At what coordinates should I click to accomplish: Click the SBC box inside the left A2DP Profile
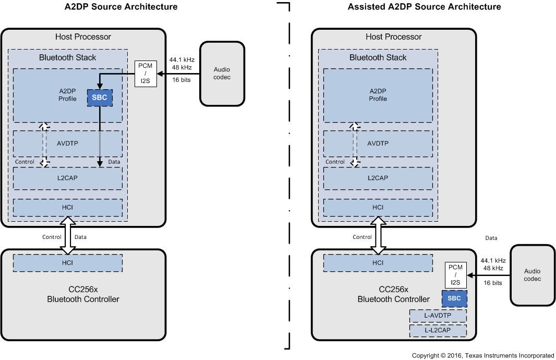[100, 98]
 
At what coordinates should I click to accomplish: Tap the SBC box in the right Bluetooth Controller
[454, 298]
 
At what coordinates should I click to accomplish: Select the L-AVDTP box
[438, 316]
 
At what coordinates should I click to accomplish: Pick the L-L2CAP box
[438, 330]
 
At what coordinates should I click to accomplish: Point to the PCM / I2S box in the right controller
[456, 275]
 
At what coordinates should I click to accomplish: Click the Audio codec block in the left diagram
[222, 74]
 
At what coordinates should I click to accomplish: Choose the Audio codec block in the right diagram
[533, 275]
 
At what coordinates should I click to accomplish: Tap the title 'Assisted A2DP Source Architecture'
[424, 7]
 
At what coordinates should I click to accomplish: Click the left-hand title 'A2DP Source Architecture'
[121, 7]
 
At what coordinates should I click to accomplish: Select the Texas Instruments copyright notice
[483, 355]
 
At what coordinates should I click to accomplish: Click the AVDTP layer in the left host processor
[68, 143]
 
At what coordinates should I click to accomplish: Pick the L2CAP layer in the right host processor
[378, 178]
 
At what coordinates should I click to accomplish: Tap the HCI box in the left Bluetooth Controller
[68, 263]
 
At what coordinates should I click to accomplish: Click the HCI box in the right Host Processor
[378, 207]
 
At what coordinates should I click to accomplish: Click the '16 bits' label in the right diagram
[493, 283]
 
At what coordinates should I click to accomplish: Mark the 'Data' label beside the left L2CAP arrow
[114, 162]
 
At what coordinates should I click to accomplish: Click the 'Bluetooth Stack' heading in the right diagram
[378, 57]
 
